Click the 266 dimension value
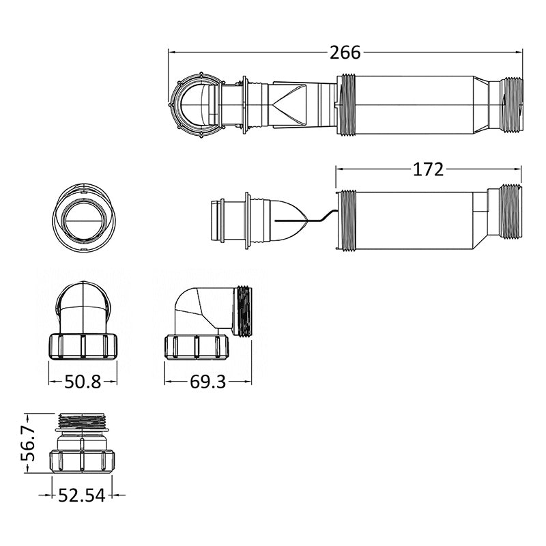(345, 53)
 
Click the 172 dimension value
(428, 169)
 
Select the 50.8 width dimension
(83, 382)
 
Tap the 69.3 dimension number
(208, 382)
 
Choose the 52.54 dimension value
(81, 495)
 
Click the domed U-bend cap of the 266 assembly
(195, 104)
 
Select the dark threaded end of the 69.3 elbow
(244, 312)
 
